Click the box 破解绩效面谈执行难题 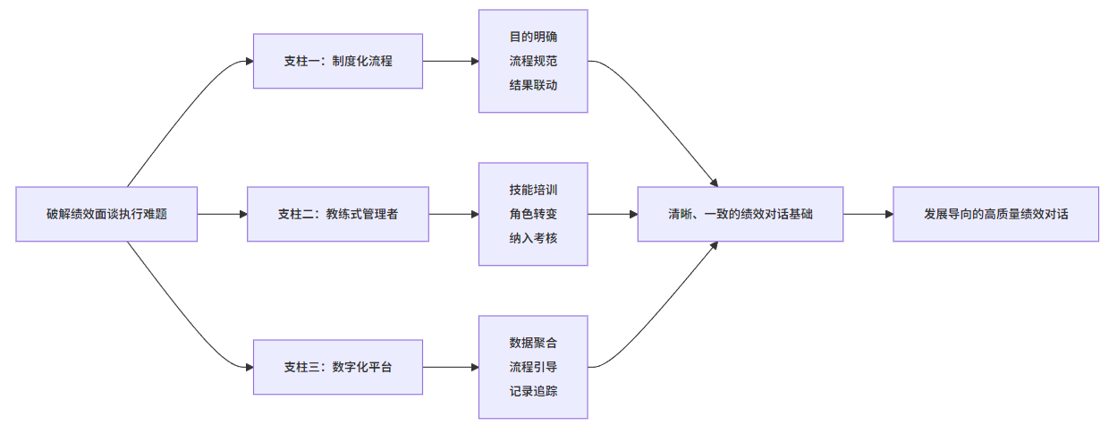tap(106, 214)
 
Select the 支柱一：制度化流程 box tap(337, 61)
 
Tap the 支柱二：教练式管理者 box tap(337, 214)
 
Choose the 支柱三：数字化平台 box tap(337, 367)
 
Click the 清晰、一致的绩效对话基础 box tap(740, 214)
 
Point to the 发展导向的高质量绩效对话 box tap(995, 214)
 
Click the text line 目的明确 tap(533, 38)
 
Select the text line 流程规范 tap(533, 61)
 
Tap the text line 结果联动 tap(533, 85)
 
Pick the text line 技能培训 tap(533, 191)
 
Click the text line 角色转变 tap(533, 214)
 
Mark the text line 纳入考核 tap(533, 238)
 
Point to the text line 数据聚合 tap(533, 343)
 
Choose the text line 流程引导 tap(533, 367)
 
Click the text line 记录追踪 tap(533, 391)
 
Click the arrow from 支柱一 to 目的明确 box tap(450, 61)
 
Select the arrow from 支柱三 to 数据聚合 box tap(450, 367)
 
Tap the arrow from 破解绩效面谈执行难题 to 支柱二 tap(222, 214)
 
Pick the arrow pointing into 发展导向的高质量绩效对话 tap(868, 214)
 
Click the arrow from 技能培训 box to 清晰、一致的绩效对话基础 tap(612, 214)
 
